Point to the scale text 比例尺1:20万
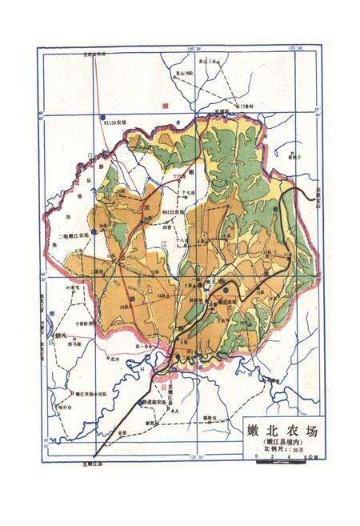coord(281,449)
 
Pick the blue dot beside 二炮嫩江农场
coord(94,231)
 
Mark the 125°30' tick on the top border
coord(192,50)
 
